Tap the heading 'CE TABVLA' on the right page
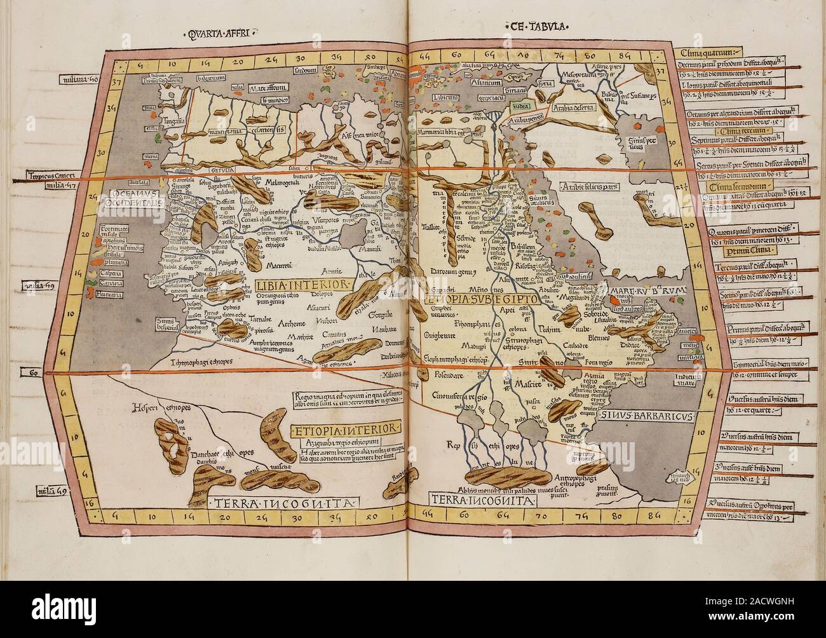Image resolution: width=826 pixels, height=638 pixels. (x=537, y=26)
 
